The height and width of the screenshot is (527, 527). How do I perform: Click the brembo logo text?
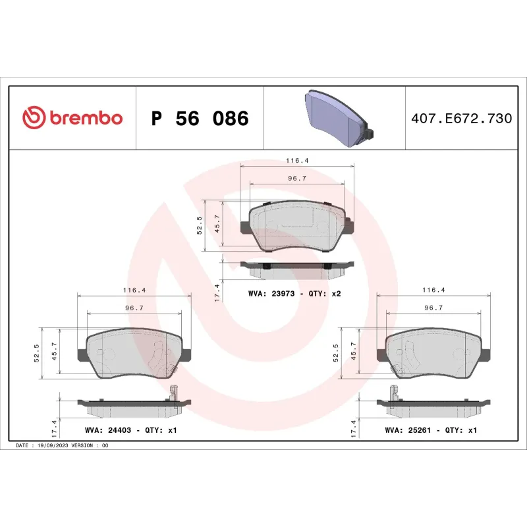84,118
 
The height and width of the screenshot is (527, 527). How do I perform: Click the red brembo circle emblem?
33,118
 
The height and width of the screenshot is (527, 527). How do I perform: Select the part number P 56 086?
200,119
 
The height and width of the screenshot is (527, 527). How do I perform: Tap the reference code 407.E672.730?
461,119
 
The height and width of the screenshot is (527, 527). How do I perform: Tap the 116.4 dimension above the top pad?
298,160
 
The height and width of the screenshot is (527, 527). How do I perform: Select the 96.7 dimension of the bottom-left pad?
134,307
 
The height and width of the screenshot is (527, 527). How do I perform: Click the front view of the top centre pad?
298,226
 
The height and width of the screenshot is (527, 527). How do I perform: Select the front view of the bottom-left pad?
135,354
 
